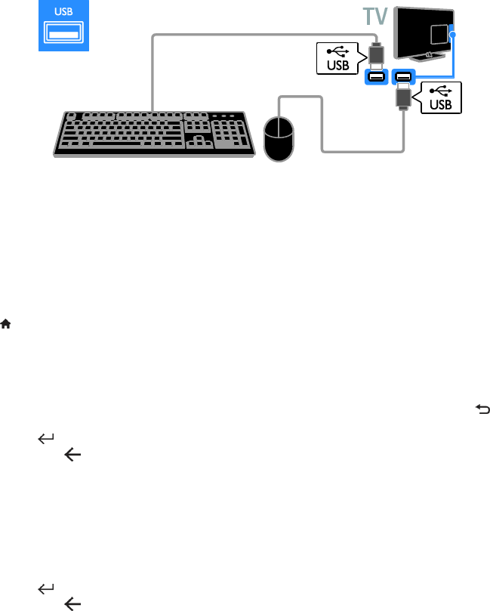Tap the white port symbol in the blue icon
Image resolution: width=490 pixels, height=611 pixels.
coord(63,34)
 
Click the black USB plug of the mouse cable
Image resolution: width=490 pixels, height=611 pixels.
coord(402,96)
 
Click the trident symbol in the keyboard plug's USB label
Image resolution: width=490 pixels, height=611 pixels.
coord(337,49)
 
